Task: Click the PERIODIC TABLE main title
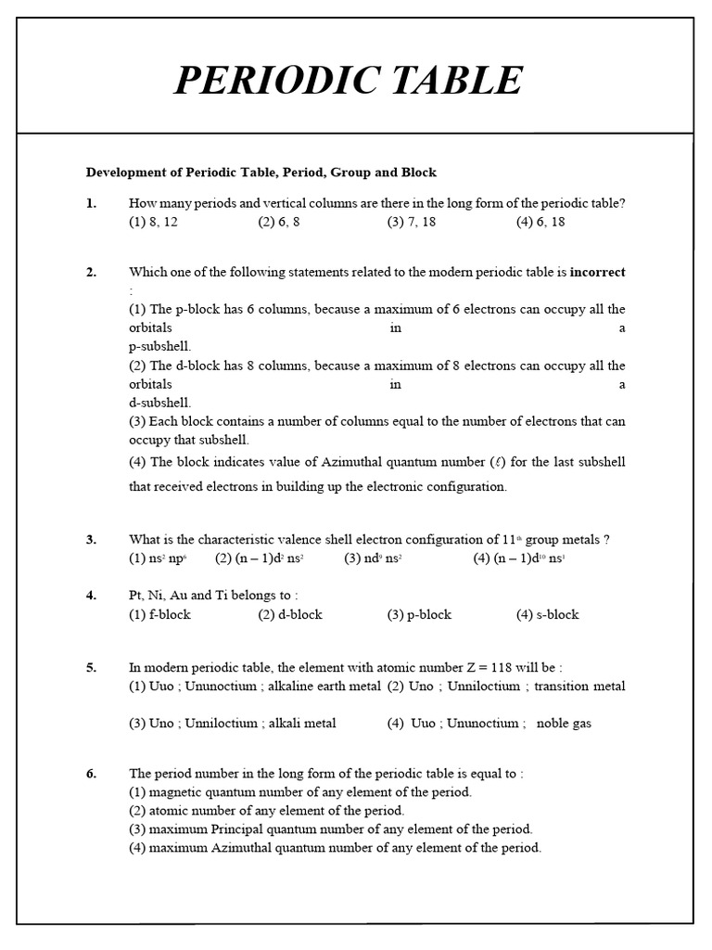point(349,81)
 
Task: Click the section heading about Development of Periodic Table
point(261,173)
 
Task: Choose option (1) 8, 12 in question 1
point(153,223)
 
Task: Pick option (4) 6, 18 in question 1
point(540,223)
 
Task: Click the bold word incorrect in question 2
point(597,272)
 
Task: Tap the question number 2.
point(92,272)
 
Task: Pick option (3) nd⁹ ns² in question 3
point(373,558)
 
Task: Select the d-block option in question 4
point(290,614)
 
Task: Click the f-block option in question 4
point(160,614)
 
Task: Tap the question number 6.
point(92,774)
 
